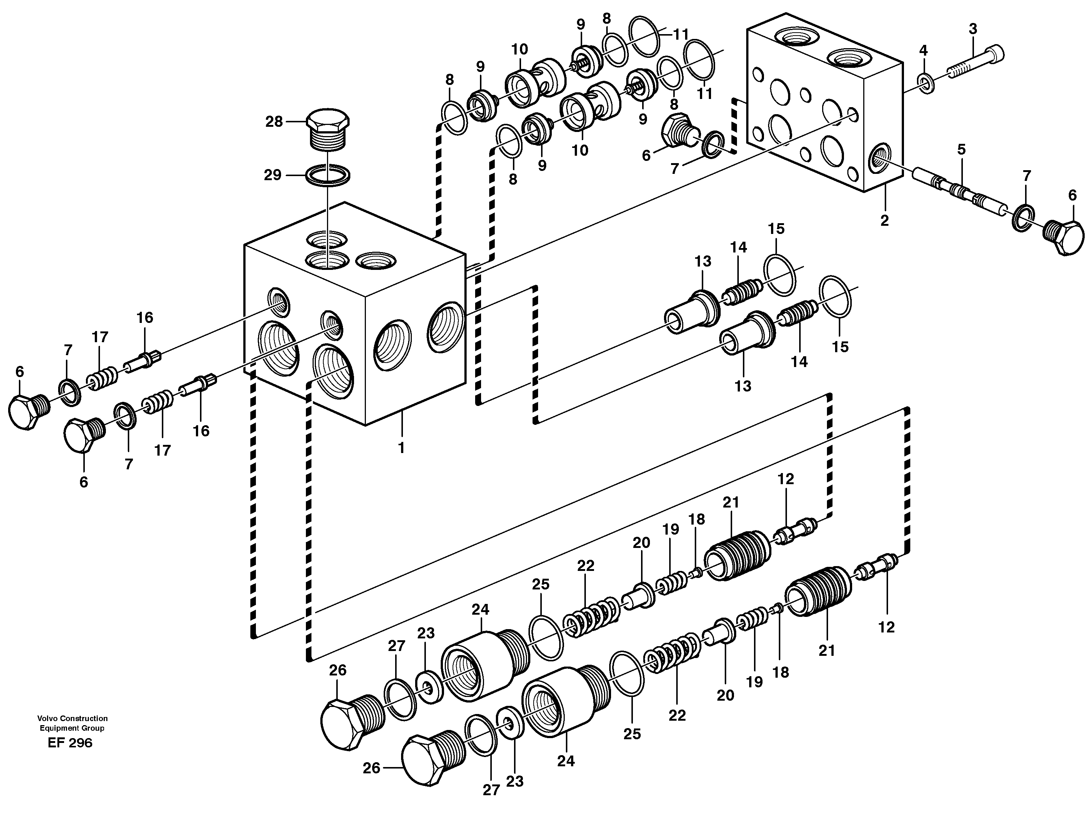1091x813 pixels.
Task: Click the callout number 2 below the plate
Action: click(884, 221)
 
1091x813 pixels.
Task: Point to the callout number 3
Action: click(972, 29)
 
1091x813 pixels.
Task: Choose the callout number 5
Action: click(961, 149)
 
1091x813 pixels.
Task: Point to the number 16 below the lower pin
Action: click(201, 431)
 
